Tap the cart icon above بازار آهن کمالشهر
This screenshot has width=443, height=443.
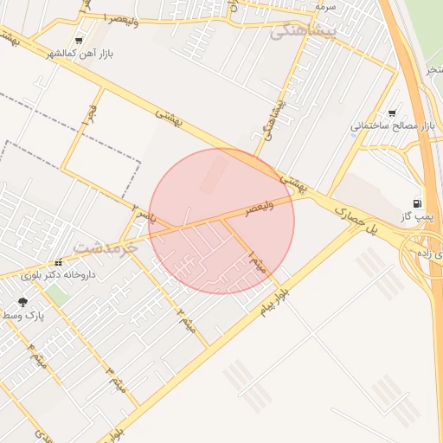tap(80, 41)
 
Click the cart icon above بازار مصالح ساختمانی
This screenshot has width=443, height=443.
tap(392, 112)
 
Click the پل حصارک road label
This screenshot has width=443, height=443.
tap(357, 221)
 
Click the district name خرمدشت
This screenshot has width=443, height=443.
tap(106, 247)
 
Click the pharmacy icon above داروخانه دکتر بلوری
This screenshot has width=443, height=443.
tap(58, 263)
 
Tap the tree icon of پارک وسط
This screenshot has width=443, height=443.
tap(22, 302)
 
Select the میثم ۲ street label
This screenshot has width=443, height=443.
tap(186, 320)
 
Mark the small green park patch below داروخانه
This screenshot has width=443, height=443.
tap(57, 294)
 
